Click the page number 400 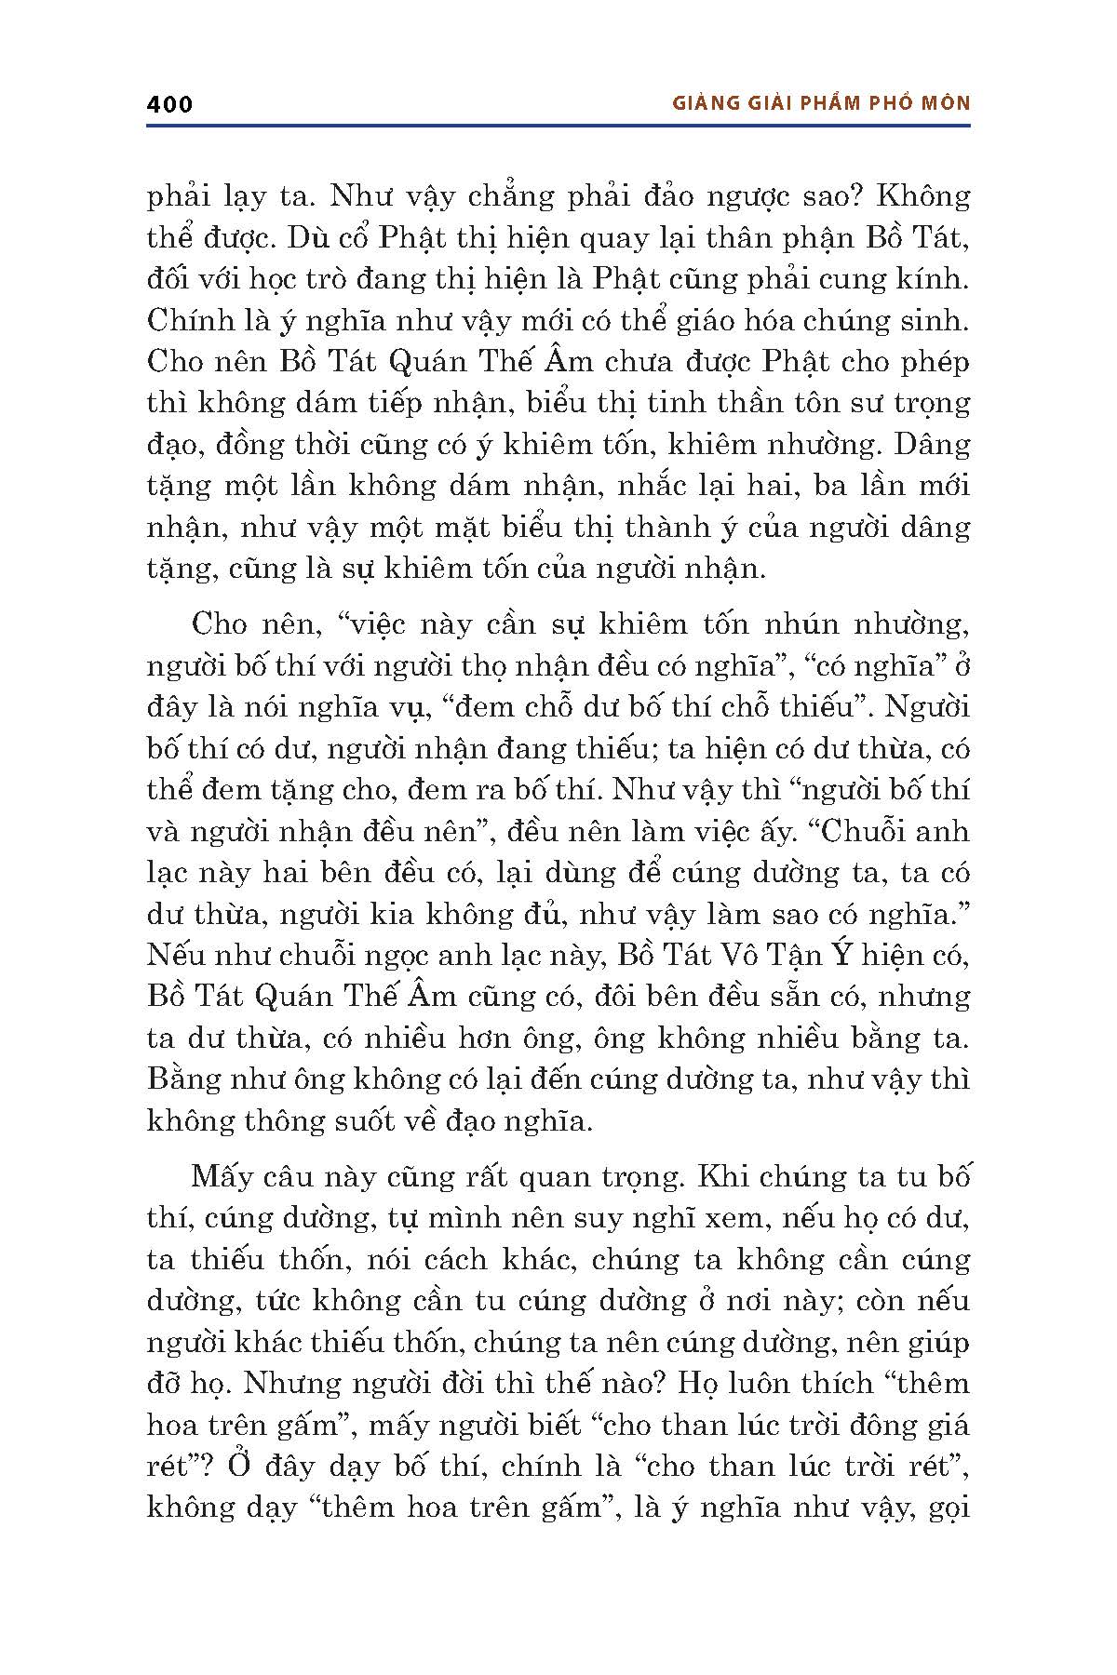pos(169,103)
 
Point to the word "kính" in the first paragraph pos(937,279)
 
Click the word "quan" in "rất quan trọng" pos(532,1177)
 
